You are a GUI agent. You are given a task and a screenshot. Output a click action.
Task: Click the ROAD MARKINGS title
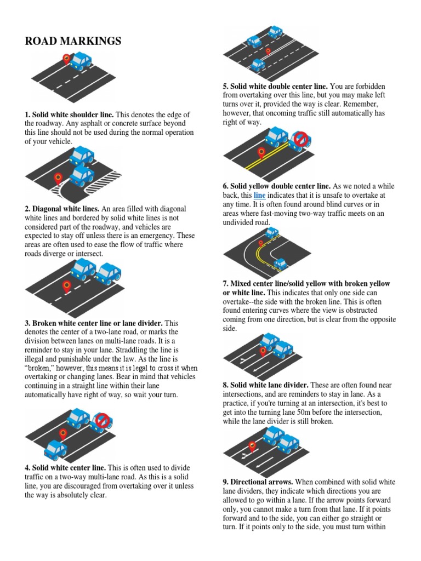(73, 42)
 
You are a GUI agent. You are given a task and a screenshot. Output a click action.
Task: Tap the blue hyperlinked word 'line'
(259, 195)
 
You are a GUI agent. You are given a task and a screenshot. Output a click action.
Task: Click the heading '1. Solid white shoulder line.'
(69, 115)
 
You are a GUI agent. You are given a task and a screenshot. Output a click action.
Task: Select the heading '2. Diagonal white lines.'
(61, 209)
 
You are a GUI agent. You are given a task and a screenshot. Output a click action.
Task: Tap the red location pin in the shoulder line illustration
(67, 59)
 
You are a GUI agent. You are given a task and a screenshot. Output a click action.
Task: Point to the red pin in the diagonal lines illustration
(58, 178)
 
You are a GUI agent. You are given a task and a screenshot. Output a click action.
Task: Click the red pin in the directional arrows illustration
(252, 446)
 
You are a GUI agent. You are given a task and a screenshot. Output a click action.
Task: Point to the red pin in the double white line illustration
(268, 51)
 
